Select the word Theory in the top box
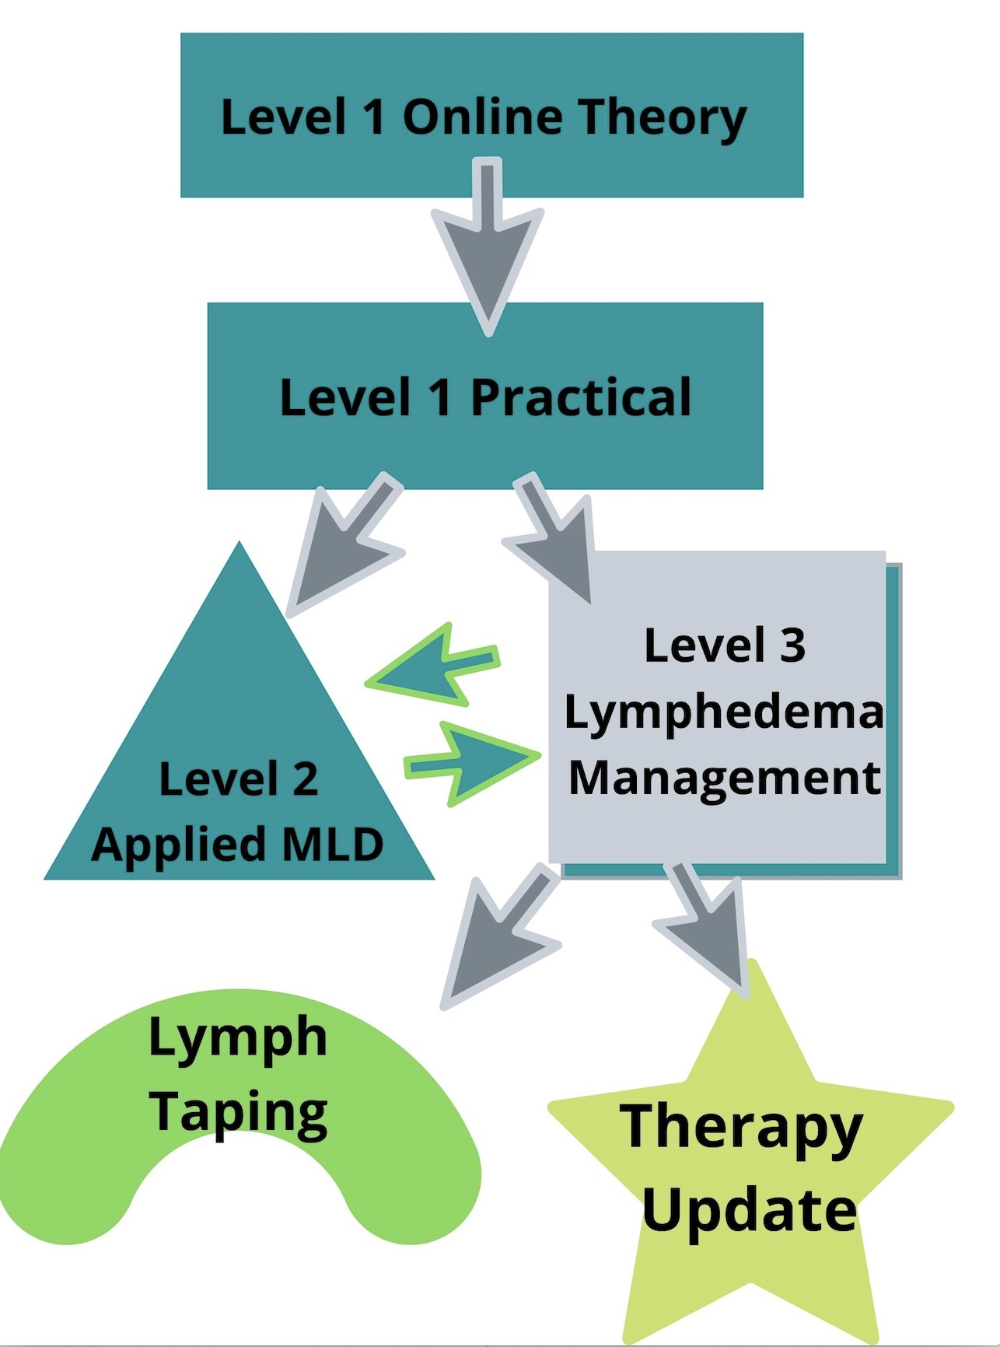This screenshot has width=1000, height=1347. (x=662, y=118)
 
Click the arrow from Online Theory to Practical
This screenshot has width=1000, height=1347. (x=488, y=249)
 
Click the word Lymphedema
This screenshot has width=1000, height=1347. (x=724, y=712)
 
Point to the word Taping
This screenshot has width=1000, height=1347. (x=239, y=1112)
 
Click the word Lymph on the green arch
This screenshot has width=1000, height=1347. (x=238, y=1038)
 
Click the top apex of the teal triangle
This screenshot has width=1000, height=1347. (x=240, y=546)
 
